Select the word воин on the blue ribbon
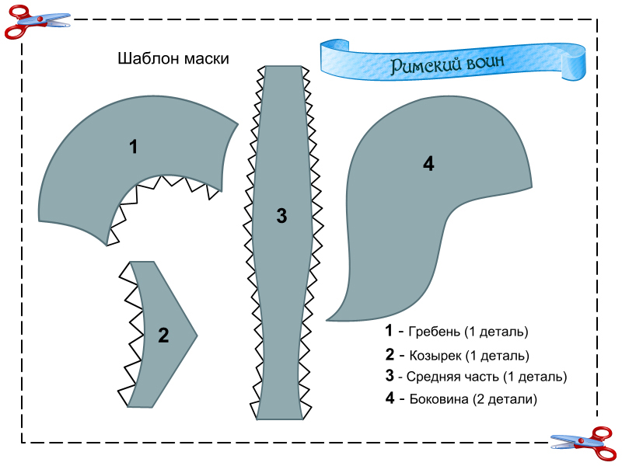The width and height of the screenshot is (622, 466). tap(488, 62)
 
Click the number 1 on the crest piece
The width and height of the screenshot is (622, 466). tap(134, 146)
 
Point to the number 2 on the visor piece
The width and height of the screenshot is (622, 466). tap(163, 336)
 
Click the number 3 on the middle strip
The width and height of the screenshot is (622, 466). tap(281, 217)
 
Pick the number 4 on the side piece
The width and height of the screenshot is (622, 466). tap(428, 164)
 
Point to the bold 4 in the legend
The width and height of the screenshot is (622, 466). tap(389, 399)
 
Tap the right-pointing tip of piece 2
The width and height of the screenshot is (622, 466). tap(196, 336)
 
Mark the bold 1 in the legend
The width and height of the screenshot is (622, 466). tap(389, 331)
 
